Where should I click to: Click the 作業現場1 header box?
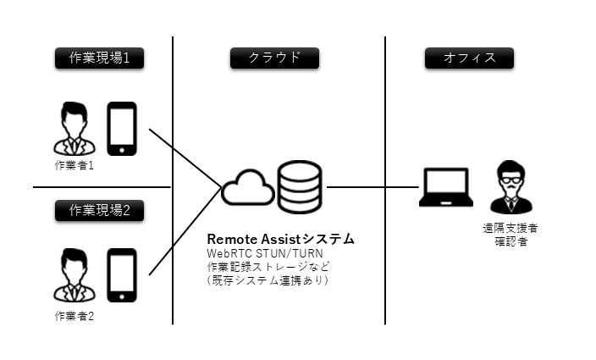point(99,58)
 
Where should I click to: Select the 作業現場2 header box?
point(99,210)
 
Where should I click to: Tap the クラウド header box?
point(274,58)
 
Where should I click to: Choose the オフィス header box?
point(469,58)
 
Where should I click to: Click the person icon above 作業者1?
point(74,129)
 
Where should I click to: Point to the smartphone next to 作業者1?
point(122,129)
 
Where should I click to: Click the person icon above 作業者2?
point(74,275)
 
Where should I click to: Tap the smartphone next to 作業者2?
point(122,275)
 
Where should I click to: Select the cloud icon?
point(248,187)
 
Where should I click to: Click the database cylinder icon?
point(300,186)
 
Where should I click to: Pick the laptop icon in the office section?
point(446,187)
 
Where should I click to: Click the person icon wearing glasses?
point(510,187)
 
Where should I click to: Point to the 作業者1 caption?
point(74,165)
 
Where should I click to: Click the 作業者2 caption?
point(74,316)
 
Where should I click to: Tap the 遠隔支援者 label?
point(510,228)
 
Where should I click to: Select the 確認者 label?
point(510,241)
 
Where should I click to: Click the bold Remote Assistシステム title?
point(280,239)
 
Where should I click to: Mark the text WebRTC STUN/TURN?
point(265,253)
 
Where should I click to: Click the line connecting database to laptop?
point(372,187)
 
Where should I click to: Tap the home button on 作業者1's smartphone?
point(122,150)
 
